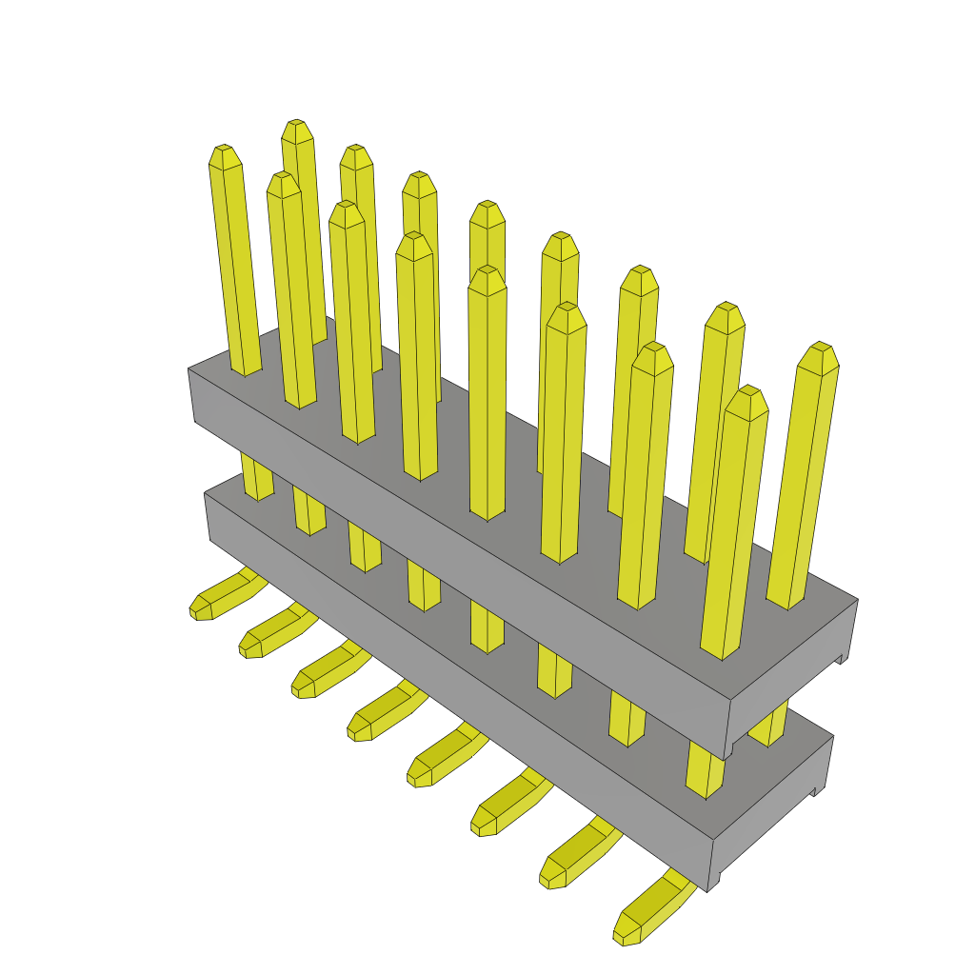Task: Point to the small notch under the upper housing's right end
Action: point(840,658)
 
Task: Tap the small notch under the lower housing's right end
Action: point(816,790)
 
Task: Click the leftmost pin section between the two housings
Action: point(257,476)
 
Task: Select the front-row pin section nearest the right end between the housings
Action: point(704,771)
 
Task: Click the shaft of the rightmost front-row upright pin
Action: point(733,533)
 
